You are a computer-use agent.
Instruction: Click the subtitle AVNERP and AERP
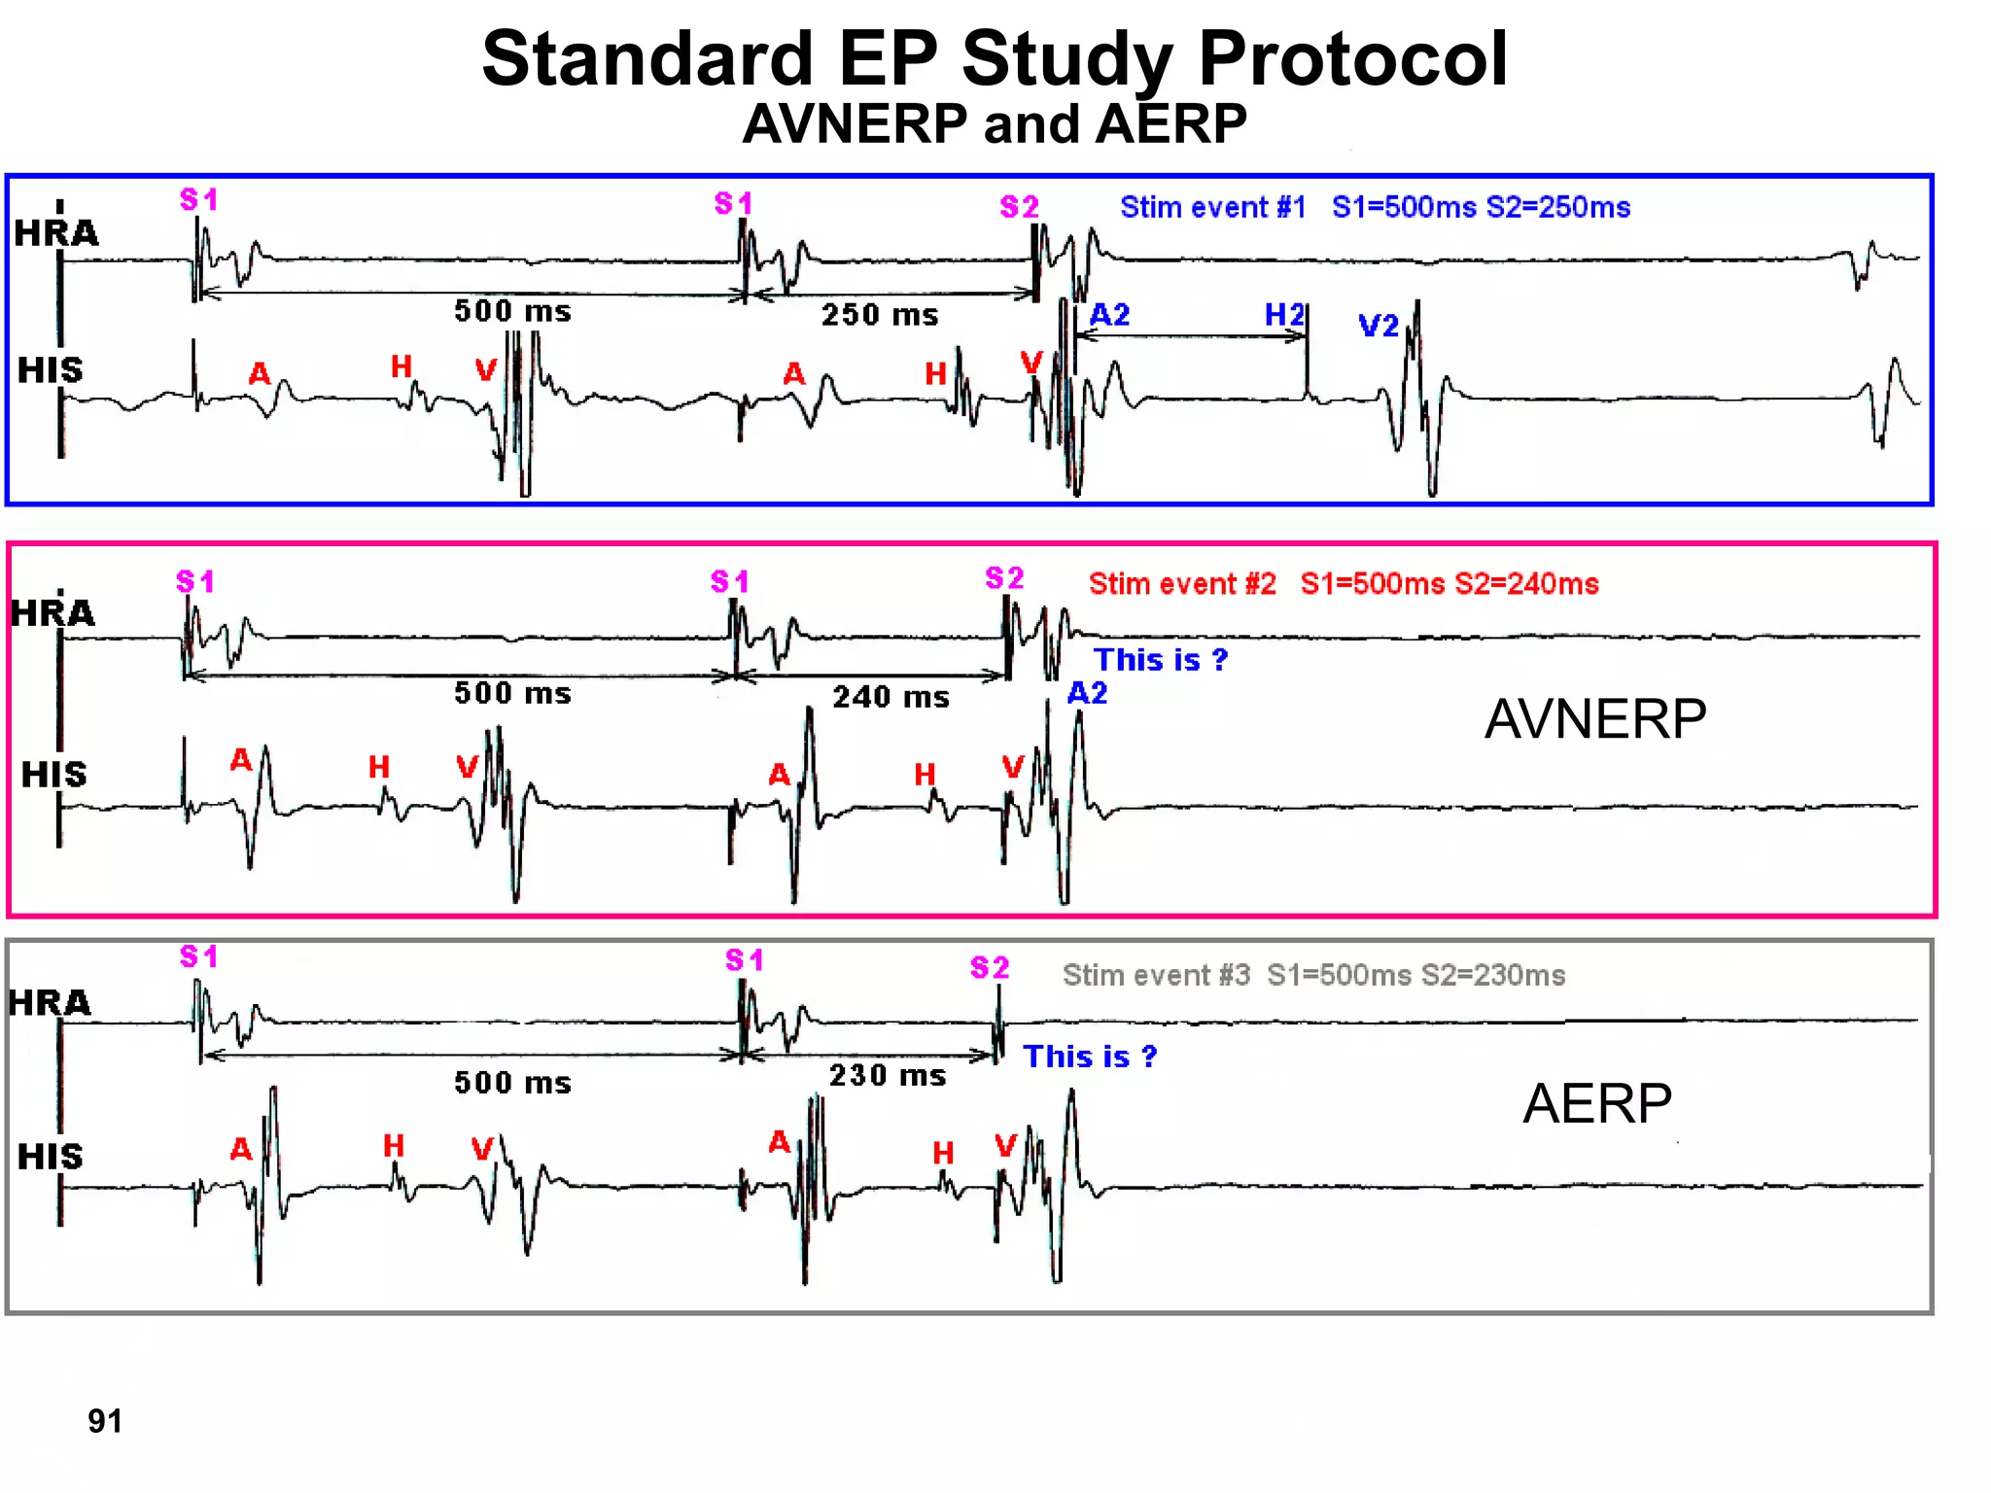pyautogui.click(x=994, y=124)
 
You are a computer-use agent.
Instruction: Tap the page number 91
pyautogui.click(x=105, y=1421)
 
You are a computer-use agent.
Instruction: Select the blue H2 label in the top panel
pyautogui.click(x=1284, y=314)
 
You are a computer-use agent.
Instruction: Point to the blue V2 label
pyautogui.click(x=1379, y=326)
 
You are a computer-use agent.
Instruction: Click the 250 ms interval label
pyautogui.click(x=880, y=315)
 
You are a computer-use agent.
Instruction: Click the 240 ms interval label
pyautogui.click(x=891, y=697)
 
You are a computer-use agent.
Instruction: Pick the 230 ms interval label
pyautogui.click(x=887, y=1075)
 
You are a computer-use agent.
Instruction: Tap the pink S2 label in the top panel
pyautogui.click(x=1019, y=206)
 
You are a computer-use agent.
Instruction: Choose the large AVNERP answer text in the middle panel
pyautogui.click(x=1594, y=719)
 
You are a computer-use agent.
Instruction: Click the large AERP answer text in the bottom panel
pyautogui.click(x=1596, y=1103)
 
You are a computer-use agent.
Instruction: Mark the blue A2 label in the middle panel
pyautogui.click(x=1087, y=693)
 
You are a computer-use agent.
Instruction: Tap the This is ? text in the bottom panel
pyautogui.click(x=1090, y=1057)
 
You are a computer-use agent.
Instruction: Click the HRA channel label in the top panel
pyautogui.click(x=56, y=233)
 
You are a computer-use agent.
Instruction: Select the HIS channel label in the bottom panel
pyautogui.click(x=51, y=1157)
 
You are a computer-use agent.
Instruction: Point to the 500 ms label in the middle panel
pyautogui.click(x=512, y=693)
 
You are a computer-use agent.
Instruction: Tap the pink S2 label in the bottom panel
pyautogui.click(x=990, y=967)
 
